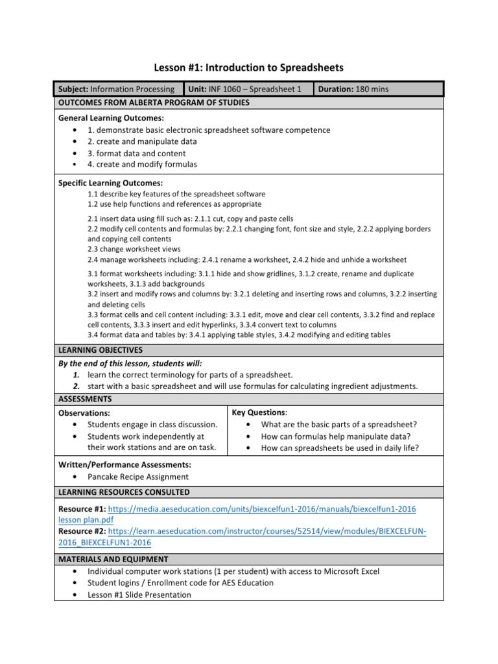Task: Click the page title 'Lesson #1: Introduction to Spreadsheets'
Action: coord(248,67)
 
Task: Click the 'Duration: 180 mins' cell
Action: coord(353,89)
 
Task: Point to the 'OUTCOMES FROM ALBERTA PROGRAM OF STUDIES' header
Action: coord(154,102)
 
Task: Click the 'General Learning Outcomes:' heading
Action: coord(111,118)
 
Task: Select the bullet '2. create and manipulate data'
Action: coord(142,141)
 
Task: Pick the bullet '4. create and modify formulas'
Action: coord(142,165)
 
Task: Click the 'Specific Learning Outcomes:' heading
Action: coord(111,184)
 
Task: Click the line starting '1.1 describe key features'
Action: coord(176,194)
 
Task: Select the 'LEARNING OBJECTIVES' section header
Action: coord(101,350)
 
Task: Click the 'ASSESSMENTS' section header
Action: coord(85,399)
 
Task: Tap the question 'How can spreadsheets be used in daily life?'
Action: coord(340,447)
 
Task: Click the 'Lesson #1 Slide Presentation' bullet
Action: coord(139,594)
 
